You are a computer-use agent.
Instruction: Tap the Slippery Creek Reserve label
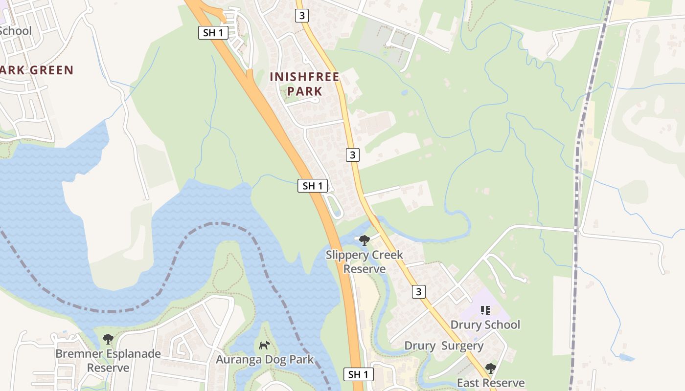click(x=365, y=261)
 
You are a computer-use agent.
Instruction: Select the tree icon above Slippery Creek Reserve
click(x=364, y=240)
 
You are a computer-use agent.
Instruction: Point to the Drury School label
click(x=485, y=325)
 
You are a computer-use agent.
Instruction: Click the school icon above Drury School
click(x=485, y=310)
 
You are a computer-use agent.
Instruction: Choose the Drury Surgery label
click(x=444, y=346)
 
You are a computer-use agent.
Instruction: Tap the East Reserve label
click(x=491, y=383)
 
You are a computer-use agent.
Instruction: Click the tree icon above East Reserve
click(x=490, y=368)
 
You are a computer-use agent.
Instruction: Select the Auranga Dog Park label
click(x=265, y=360)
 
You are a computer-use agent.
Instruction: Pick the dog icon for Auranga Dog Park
click(x=264, y=345)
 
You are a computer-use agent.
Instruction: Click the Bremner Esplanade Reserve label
click(x=108, y=360)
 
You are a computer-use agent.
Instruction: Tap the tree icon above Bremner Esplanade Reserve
click(x=108, y=339)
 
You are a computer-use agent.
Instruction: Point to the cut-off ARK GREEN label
click(x=37, y=70)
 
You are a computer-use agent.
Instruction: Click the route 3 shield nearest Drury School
click(x=418, y=292)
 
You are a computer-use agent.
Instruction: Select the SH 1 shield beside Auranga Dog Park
click(x=358, y=374)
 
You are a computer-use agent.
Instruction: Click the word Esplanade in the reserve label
click(x=135, y=353)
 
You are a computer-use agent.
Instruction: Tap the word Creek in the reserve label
click(x=388, y=255)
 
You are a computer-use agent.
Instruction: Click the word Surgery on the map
click(x=462, y=346)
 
